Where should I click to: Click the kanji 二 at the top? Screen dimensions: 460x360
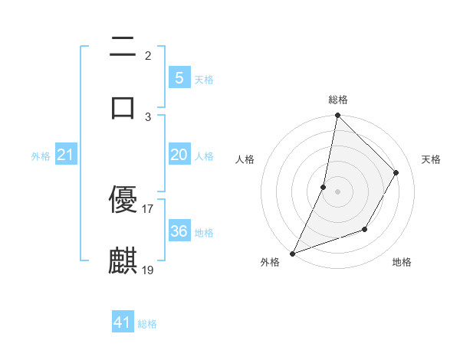pos(123,47)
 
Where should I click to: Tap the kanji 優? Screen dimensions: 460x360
pos(123,200)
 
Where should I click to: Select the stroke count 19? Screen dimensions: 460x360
pos(148,270)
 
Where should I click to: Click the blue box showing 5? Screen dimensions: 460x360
pos(179,78)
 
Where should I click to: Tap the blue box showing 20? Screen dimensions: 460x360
pos(179,155)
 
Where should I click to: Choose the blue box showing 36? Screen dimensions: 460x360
pos(179,231)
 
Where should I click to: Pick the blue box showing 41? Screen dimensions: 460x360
pos(123,322)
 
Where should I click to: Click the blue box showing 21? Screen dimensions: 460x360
pos(66,155)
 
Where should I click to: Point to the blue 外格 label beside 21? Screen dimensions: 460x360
pos(41,156)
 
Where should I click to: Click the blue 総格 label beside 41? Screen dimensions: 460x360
pos(147,324)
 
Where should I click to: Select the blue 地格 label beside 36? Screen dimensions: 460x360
pos(204,233)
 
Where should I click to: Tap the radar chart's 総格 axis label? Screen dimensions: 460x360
pos(337,100)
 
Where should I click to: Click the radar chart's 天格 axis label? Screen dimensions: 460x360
pos(431,159)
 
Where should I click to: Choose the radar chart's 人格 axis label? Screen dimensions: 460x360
pos(245,159)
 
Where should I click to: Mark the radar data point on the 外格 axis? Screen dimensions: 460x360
pos(292,254)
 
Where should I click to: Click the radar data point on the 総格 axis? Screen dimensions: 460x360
pos(337,116)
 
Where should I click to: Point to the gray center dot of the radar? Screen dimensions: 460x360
pos(337,191)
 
